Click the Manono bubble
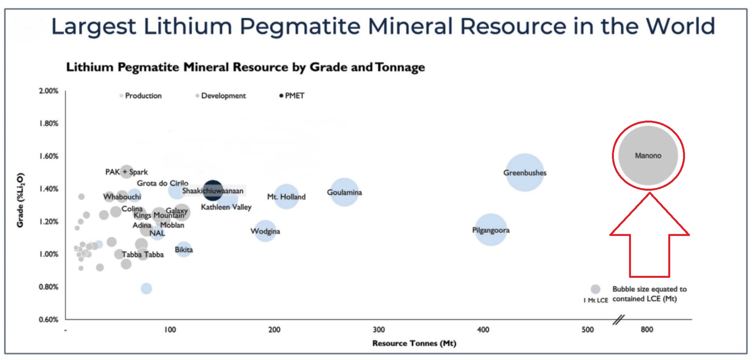(x=648, y=156)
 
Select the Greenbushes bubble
(x=525, y=172)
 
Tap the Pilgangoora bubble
(x=491, y=230)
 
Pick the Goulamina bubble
(x=344, y=192)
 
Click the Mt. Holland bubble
(x=286, y=196)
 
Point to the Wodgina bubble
(x=265, y=231)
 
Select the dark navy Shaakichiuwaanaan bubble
(x=213, y=190)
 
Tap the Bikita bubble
(x=183, y=250)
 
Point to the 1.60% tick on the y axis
(x=49, y=156)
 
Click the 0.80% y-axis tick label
(x=49, y=287)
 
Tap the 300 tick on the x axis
(x=379, y=330)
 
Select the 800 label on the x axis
(x=647, y=330)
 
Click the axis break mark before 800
(x=618, y=320)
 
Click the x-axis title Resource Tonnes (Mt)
(x=414, y=343)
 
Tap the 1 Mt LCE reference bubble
(x=596, y=289)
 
